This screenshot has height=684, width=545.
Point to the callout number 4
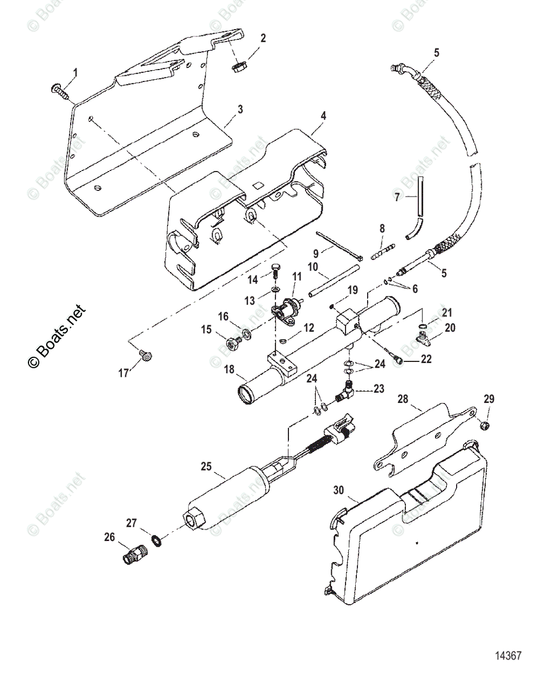(x=323, y=116)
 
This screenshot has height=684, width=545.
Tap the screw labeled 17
(x=148, y=356)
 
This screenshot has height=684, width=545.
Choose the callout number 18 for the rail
(x=229, y=369)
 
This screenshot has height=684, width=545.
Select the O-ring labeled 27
(x=156, y=539)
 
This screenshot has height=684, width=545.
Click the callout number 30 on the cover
(x=339, y=490)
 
